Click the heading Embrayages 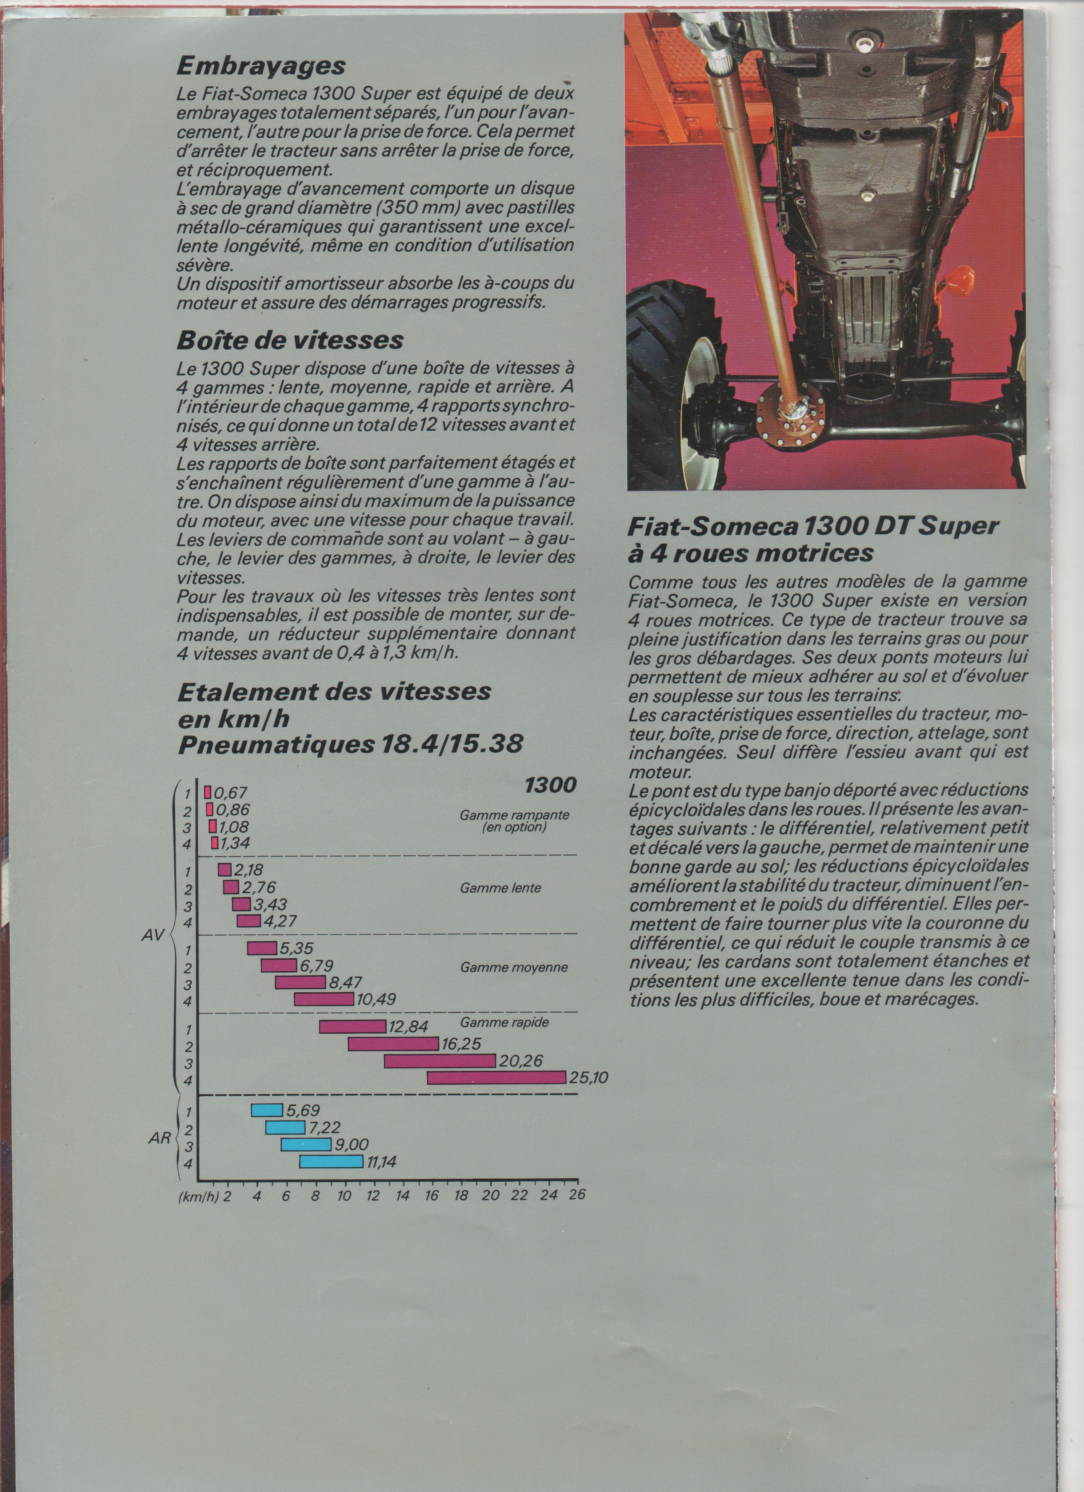pos(261,66)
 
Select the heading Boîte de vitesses pos(289,340)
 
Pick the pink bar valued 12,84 pos(352,1026)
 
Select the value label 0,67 pos(230,793)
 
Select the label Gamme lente pos(501,888)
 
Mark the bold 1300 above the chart pos(550,785)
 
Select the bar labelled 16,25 pos(393,1044)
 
